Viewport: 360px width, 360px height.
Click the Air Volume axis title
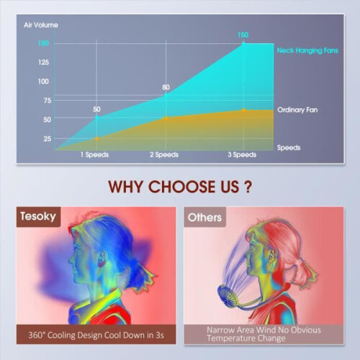click(x=41, y=25)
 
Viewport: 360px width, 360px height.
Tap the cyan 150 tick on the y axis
click(x=43, y=43)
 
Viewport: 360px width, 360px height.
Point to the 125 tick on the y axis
click(x=43, y=63)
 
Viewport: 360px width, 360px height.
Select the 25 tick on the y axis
click(x=48, y=139)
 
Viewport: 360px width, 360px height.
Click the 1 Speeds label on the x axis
click(x=94, y=155)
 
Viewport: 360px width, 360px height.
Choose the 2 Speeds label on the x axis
click(x=164, y=155)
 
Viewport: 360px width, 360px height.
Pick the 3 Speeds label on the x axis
click(x=242, y=155)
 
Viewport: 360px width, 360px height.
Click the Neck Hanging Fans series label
click(x=307, y=50)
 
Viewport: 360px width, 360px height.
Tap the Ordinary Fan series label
click(x=297, y=110)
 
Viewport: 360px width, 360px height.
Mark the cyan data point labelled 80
click(x=166, y=95)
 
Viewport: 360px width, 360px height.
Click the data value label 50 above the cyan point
click(x=96, y=109)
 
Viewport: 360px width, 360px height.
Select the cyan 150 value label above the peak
click(x=243, y=35)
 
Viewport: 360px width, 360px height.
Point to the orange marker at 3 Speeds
click(x=244, y=110)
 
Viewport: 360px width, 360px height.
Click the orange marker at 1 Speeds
click(x=96, y=139)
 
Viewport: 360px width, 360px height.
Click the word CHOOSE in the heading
click(x=182, y=186)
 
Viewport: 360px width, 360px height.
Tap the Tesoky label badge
click(x=38, y=217)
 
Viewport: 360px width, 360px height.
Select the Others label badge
click(x=204, y=217)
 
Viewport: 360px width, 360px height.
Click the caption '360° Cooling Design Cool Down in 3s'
click(x=96, y=335)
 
